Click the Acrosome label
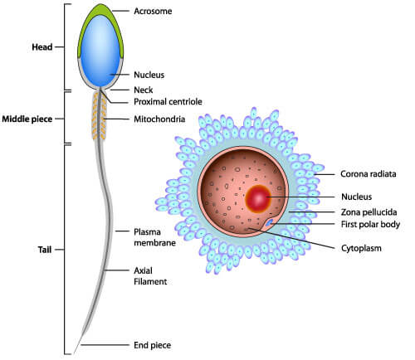153,11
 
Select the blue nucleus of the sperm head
100,51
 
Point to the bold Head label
42,47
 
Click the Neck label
144,90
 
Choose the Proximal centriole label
168,102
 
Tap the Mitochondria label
159,119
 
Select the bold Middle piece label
27,119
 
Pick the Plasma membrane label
154,237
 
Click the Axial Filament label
150,276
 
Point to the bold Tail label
45,250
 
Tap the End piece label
152,345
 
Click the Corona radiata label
369,174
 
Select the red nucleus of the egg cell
258,199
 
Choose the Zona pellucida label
369,212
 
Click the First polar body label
370,224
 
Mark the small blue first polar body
269,222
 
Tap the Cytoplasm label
361,248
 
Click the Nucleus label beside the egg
356,197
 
